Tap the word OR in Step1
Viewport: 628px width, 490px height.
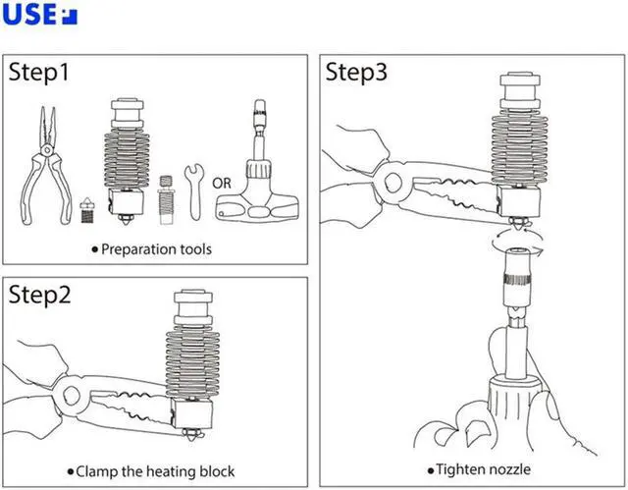click(x=222, y=183)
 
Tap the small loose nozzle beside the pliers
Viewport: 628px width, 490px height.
click(x=86, y=210)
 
